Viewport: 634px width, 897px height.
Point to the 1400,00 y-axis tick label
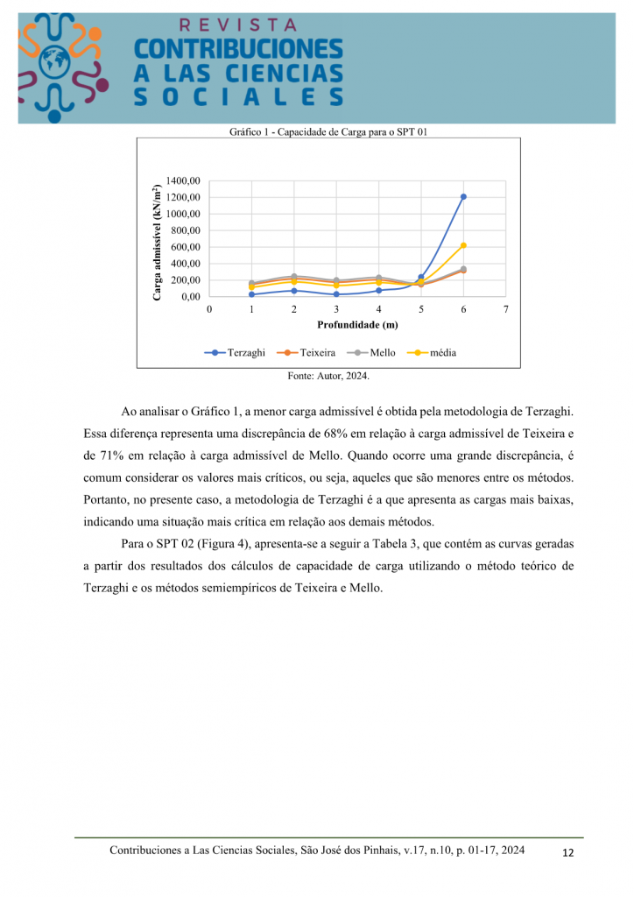click(183, 180)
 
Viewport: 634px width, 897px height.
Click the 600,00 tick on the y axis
click(186, 247)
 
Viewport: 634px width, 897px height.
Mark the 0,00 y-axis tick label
click(190, 297)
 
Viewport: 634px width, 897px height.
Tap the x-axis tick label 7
click(505, 309)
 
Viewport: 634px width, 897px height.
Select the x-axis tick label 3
click(336, 309)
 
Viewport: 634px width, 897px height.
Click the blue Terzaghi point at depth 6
click(463, 197)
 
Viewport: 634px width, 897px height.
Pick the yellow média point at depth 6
click(463, 245)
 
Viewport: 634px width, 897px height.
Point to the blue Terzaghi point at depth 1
click(251, 294)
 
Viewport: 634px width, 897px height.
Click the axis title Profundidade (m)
click(357, 325)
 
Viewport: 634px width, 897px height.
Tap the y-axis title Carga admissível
click(157, 243)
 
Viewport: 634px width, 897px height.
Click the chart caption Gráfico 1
click(328, 132)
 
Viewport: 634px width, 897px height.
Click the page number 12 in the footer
click(567, 853)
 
